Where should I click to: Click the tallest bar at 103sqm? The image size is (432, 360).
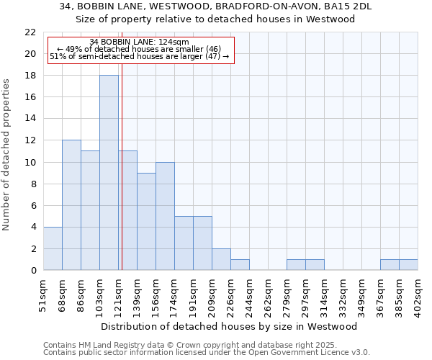tap(109, 173)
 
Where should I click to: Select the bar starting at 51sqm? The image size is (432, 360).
tap(53, 248)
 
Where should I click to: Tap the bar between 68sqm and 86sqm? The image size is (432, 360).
tap(71, 205)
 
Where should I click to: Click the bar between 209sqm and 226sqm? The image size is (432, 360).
tap(221, 259)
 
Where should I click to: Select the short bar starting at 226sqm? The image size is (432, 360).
tap(240, 265)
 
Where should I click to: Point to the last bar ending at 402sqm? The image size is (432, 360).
tap(408, 265)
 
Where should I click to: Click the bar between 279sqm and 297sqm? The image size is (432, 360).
tap(296, 265)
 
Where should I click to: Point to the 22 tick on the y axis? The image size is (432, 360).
tap(30, 32)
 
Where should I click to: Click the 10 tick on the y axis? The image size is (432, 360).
tap(30, 162)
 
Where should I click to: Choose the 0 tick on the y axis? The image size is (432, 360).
tap(33, 271)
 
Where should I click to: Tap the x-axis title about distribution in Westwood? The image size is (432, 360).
tap(229, 326)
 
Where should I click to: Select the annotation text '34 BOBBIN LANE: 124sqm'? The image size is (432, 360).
tap(140, 42)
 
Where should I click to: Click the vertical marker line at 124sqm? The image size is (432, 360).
tap(122, 180)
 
